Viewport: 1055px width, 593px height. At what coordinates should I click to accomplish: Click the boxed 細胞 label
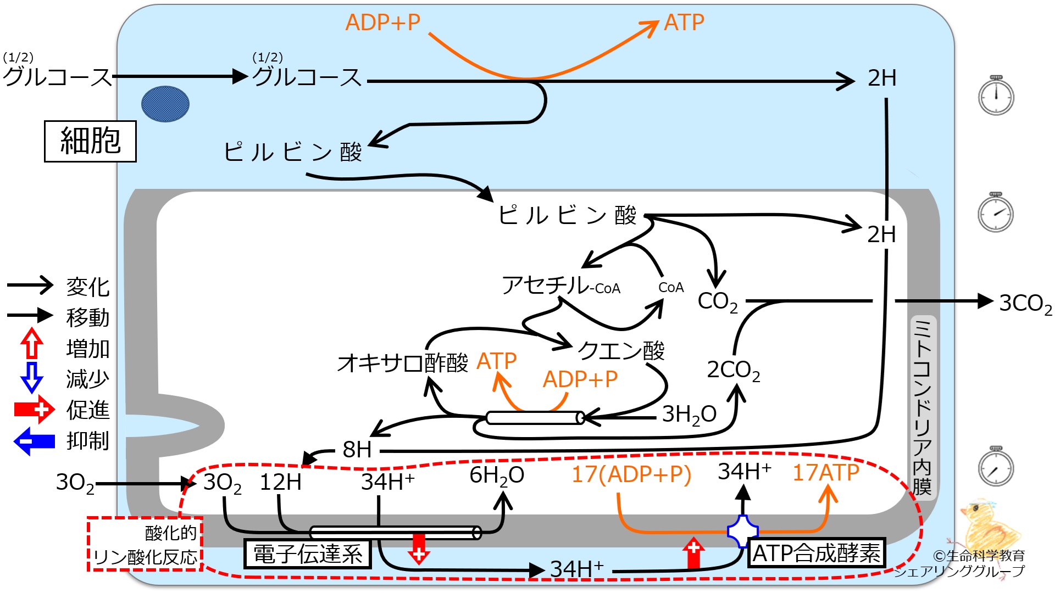pos(90,141)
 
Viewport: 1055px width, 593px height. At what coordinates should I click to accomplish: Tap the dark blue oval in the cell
pos(165,104)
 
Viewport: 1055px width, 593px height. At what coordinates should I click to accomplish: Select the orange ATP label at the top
pos(684,23)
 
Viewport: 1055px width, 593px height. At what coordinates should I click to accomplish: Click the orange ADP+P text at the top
pos(383,23)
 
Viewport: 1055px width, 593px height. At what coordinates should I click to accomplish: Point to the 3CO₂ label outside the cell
pos(1025,304)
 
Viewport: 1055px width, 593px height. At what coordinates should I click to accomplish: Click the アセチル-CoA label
pos(561,286)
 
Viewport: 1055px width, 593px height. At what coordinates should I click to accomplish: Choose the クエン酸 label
pos(621,350)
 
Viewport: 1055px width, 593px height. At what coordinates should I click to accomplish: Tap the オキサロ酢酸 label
pos(403,363)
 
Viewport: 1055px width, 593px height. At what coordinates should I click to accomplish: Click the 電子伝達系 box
pos(307,553)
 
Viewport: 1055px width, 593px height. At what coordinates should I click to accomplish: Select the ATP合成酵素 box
pos(817,553)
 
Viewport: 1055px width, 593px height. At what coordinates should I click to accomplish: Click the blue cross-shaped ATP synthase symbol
pos(743,531)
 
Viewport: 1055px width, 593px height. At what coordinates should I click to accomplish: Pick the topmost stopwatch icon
pos(996,95)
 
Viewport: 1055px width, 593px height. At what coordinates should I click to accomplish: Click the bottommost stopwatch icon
pos(996,466)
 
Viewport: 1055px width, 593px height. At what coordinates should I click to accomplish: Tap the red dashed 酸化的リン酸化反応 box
pos(145,544)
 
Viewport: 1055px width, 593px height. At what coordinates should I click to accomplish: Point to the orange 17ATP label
pos(826,473)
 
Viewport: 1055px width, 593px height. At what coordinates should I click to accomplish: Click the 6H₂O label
pos(497,475)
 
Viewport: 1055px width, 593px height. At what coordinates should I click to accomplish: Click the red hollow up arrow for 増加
pos(32,344)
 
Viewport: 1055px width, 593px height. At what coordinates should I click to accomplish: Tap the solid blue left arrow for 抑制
pos(34,441)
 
